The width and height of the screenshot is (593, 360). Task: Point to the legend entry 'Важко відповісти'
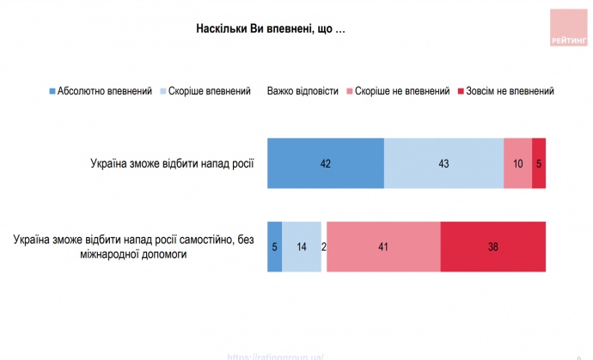point(304,90)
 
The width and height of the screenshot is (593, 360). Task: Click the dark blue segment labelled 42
point(325,162)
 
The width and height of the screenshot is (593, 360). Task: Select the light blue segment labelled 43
point(443,162)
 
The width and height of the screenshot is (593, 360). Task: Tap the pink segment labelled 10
point(517,162)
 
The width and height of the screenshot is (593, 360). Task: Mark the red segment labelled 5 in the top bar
point(539,162)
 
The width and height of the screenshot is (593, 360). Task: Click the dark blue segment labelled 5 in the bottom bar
point(274,247)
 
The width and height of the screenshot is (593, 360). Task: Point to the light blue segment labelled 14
point(301,247)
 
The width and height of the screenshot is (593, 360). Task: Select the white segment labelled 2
point(323,247)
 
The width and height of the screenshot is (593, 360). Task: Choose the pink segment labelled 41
point(383,247)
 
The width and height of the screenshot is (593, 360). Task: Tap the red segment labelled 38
point(493,247)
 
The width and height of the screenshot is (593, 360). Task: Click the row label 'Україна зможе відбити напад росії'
point(172,162)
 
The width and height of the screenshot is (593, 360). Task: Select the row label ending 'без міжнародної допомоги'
point(133,247)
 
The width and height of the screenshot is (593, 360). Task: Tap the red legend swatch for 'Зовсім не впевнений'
point(461,91)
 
